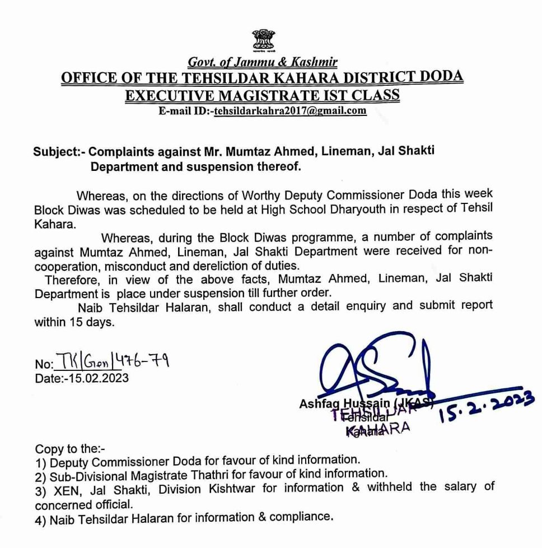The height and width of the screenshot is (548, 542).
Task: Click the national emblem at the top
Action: pos(263,40)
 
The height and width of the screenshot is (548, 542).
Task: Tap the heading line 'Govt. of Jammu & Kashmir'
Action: pos(262,62)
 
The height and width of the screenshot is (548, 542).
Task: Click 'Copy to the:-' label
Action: pos(69,449)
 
